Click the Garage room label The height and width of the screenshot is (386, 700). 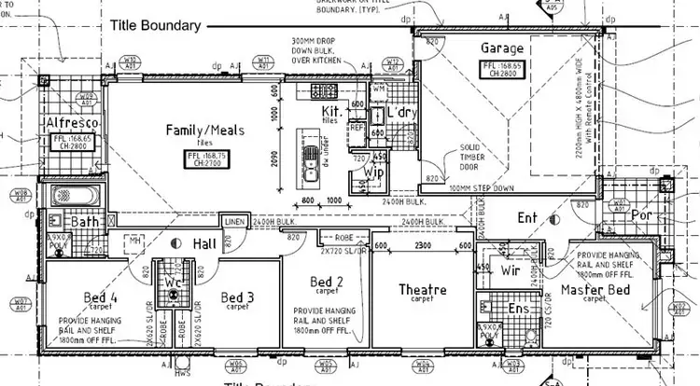[x=501, y=48]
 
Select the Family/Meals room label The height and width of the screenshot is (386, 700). [x=205, y=130]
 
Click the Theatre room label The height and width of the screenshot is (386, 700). [x=422, y=289]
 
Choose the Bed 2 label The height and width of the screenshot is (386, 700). [x=327, y=282]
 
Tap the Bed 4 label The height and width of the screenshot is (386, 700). [x=100, y=297]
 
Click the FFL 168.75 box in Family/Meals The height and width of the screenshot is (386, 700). [x=205, y=158]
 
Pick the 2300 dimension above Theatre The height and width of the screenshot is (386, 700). [x=423, y=245]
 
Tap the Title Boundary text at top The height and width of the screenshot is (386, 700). [x=156, y=26]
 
